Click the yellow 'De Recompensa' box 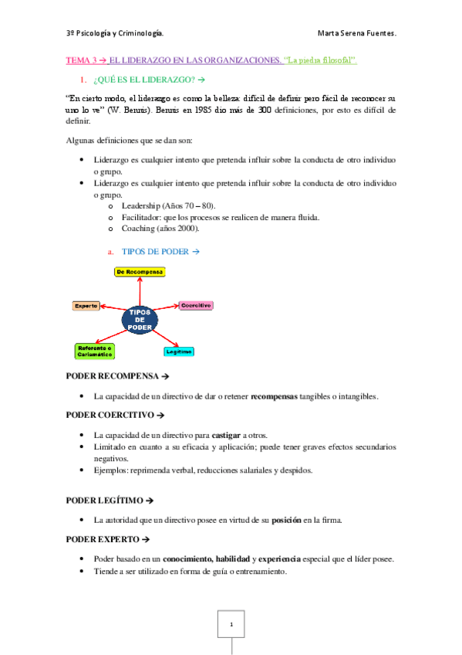140,272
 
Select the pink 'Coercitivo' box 196,305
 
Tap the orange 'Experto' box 86,305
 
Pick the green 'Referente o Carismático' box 94,351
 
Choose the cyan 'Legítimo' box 178,351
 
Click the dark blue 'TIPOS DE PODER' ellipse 140,319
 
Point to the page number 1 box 231,623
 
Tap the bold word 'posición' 285,520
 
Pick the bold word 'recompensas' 285,396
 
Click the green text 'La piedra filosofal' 322,60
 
